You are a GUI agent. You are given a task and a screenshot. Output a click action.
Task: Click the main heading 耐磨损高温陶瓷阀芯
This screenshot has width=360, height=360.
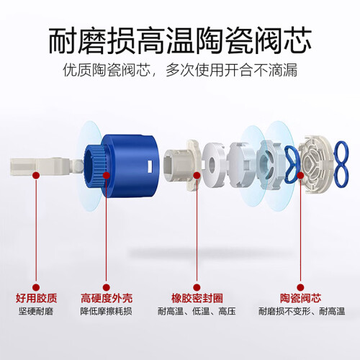[x=180, y=40]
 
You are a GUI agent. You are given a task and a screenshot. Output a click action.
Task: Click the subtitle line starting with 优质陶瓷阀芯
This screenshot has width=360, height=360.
[x=180, y=70]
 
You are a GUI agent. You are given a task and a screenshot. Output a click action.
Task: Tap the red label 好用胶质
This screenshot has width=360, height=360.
[x=36, y=298]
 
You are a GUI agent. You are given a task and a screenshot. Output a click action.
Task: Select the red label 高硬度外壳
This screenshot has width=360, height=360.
[x=107, y=298]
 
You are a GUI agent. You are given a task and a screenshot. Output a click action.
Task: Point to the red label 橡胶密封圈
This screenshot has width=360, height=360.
[x=197, y=298]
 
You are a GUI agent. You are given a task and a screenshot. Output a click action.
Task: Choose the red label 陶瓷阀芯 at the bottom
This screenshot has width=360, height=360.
[x=300, y=298]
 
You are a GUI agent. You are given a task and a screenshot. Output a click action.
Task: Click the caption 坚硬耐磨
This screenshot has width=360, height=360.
[x=36, y=311]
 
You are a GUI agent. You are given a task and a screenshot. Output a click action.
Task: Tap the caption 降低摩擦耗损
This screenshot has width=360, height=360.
[x=106, y=311]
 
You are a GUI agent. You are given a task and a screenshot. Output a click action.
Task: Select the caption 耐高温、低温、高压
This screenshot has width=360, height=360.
[x=197, y=311]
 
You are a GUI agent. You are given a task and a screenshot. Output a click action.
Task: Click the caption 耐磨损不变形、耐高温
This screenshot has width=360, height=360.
[x=302, y=311]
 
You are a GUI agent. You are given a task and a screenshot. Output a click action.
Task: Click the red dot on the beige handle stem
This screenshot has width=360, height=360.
[x=36, y=176]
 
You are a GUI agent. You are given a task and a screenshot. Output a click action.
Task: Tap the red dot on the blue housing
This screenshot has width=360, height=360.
[x=107, y=176]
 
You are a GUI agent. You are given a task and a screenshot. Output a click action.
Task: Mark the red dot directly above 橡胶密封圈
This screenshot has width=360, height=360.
[x=197, y=287]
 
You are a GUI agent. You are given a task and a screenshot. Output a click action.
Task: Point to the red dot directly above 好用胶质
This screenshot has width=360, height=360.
[x=36, y=287]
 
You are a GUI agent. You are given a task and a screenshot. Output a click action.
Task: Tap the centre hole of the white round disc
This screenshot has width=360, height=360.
[x=212, y=164]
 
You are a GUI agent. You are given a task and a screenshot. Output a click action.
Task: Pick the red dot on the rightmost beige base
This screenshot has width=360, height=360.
[x=300, y=176]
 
